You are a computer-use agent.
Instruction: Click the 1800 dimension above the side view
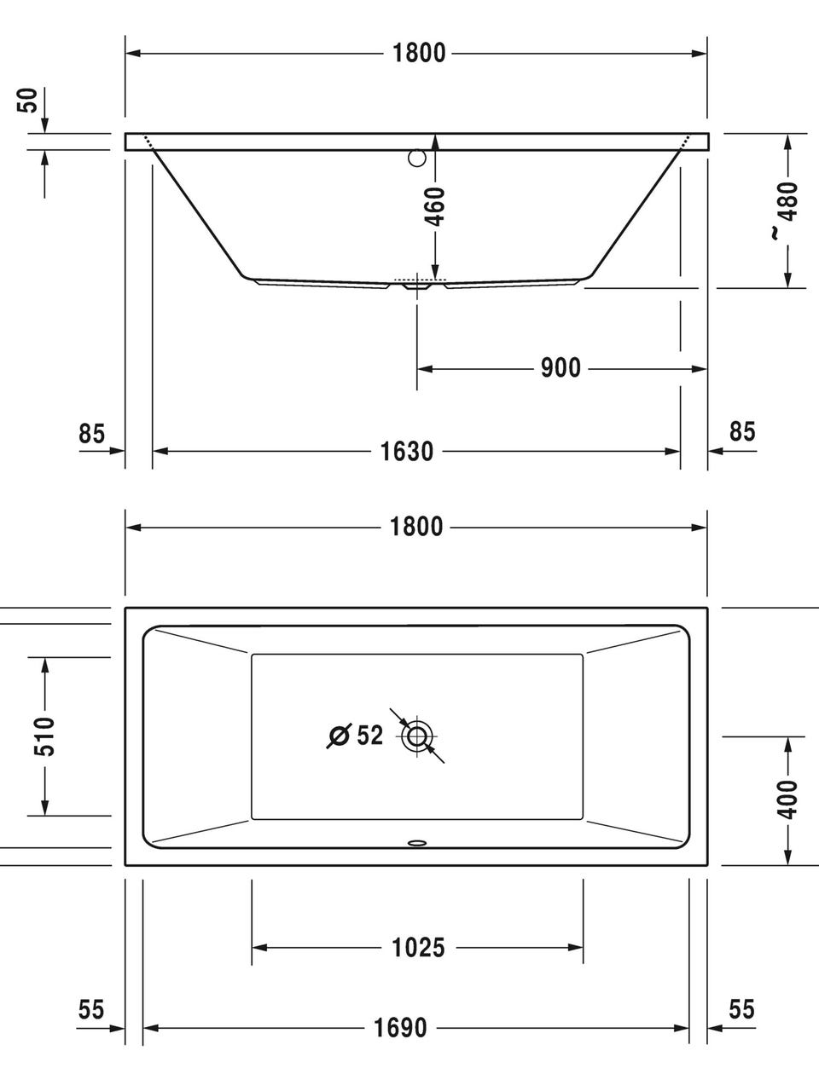tap(419, 53)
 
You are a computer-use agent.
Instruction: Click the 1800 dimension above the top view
tap(416, 527)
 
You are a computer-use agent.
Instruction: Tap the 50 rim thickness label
tap(28, 101)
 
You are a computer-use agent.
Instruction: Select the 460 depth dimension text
tap(435, 206)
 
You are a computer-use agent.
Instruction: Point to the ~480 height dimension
tap(787, 211)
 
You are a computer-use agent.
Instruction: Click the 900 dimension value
tap(561, 368)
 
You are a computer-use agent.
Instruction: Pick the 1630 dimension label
tap(407, 451)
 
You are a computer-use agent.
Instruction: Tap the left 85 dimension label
tap(91, 434)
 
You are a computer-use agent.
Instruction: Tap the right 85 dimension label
tap(742, 431)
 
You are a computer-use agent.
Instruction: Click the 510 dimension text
tap(44, 736)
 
